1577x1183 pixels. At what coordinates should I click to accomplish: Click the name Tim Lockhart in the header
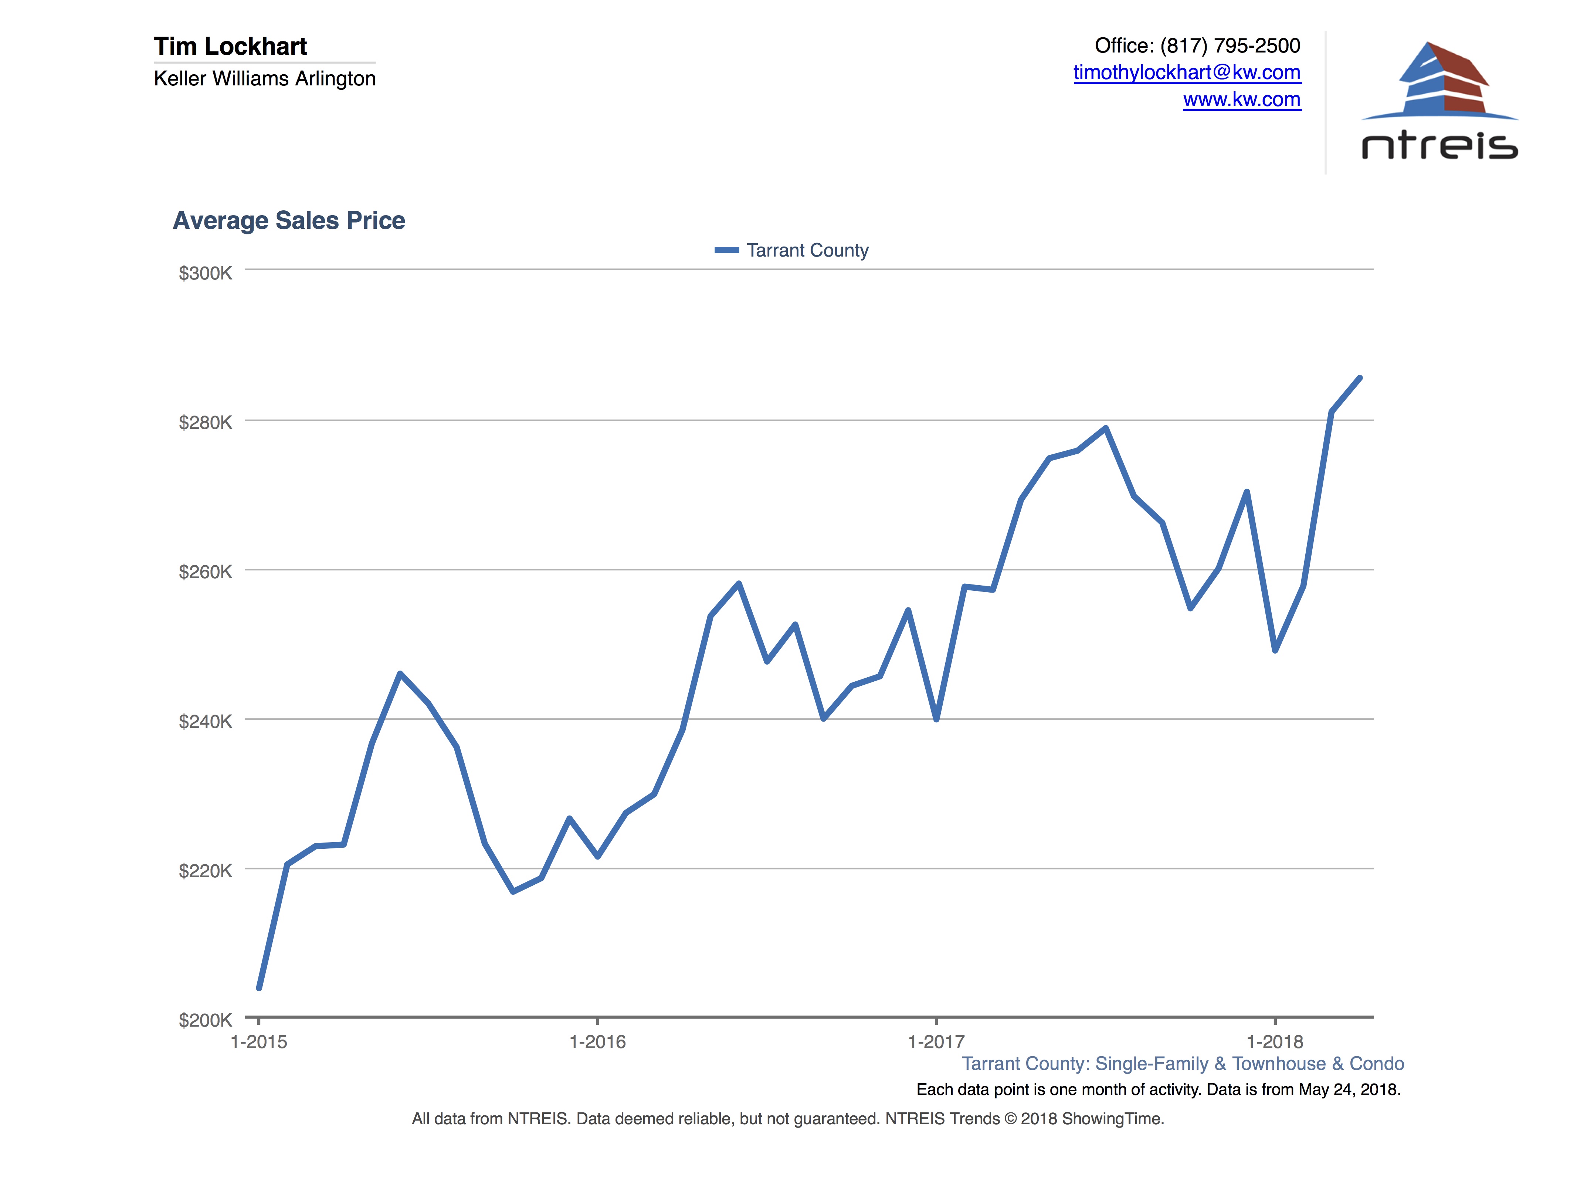point(230,46)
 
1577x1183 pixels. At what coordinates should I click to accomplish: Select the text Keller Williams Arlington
point(265,78)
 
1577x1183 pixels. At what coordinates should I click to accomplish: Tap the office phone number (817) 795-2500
point(1230,45)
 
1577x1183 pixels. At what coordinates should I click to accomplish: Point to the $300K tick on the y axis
point(205,273)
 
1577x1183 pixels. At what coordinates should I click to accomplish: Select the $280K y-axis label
point(205,423)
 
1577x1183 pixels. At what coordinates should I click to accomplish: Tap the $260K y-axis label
point(205,572)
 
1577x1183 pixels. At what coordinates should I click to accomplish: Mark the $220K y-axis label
point(205,871)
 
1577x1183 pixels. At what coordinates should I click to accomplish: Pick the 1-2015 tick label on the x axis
point(259,1042)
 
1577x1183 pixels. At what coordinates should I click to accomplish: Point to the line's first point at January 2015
point(259,987)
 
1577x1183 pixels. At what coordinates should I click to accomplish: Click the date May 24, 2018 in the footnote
point(1347,1089)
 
